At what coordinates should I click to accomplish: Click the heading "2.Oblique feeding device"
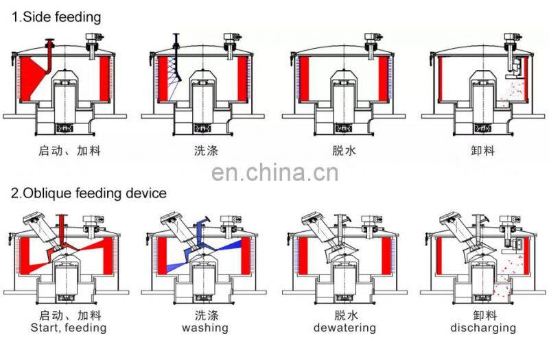pyautogui.click(x=89, y=193)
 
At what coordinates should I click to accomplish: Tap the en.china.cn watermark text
pyautogui.click(x=274, y=172)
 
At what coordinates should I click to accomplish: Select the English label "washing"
pyautogui.click(x=205, y=328)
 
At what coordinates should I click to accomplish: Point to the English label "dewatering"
pyautogui.click(x=344, y=328)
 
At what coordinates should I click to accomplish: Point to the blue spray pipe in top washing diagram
pyautogui.click(x=176, y=48)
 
